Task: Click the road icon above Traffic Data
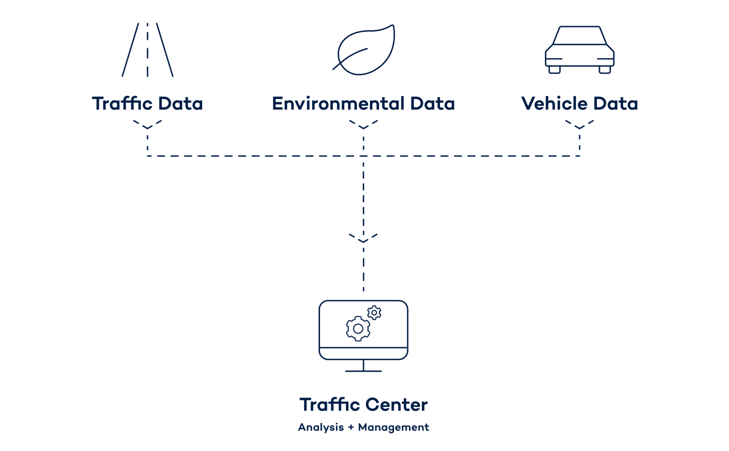click(147, 50)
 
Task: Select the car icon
click(580, 50)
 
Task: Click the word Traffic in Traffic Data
click(122, 104)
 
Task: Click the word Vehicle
click(554, 104)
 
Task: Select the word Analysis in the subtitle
click(321, 427)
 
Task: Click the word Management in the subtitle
click(393, 427)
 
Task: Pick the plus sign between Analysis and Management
click(351, 428)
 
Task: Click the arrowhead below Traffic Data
click(147, 125)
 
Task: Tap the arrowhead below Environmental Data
click(363, 125)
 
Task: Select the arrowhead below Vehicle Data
click(580, 125)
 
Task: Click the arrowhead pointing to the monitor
click(363, 238)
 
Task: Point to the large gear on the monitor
click(358, 329)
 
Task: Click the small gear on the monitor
click(374, 313)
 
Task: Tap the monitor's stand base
click(363, 371)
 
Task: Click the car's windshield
click(580, 35)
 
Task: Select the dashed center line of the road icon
click(147, 50)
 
